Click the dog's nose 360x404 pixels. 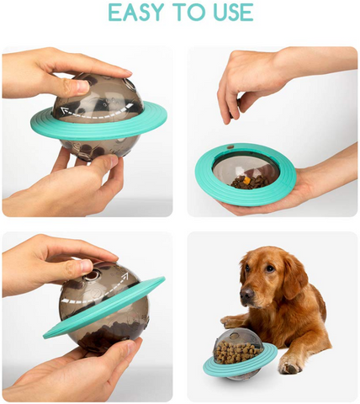[x=246, y=294]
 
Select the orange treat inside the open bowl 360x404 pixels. [x=246, y=179]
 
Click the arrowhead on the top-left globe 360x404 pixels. [x=65, y=111]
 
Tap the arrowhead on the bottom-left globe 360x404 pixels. [x=124, y=277]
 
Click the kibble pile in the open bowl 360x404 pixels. [x=249, y=183]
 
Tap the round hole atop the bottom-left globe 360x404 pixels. [x=96, y=273]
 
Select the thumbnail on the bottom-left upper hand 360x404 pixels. [x=85, y=265]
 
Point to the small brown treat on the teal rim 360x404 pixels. [x=230, y=146]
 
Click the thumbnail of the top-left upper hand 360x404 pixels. [x=82, y=87]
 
